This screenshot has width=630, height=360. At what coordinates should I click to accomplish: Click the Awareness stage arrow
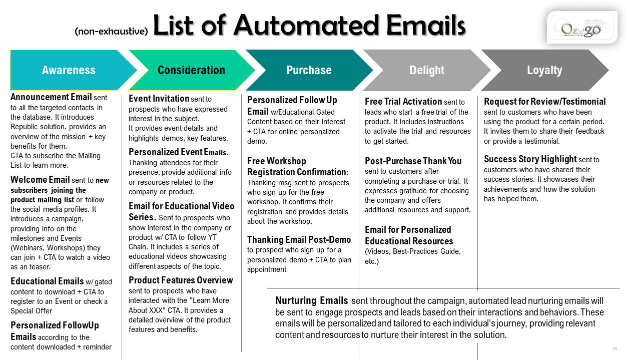click(x=69, y=70)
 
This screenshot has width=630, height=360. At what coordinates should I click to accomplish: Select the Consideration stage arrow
click(x=191, y=70)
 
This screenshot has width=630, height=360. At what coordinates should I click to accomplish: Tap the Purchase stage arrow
click(x=309, y=70)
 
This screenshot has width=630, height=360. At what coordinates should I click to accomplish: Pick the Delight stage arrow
click(x=427, y=70)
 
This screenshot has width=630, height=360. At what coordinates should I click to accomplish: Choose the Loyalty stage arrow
click(x=544, y=70)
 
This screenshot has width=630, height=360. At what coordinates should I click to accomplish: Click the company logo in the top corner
click(x=581, y=29)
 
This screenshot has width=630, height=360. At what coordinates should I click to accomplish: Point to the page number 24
click(x=614, y=348)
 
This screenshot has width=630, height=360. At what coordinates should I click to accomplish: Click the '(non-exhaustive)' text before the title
click(x=111, y=31)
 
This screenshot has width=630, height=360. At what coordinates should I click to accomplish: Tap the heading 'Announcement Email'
click(x=51, y=97)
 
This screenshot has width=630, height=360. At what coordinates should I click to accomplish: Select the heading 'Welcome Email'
click(x=40, y=180)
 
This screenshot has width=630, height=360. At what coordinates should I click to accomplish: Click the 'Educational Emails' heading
click(x=47, y=281)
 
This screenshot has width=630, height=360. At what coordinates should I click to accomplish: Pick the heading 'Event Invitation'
click(x=159, y=99)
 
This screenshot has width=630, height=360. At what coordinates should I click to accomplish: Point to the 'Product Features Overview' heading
click(x=181, y=280)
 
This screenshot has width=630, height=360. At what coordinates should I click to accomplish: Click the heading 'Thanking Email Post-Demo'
click(x=299, y=240)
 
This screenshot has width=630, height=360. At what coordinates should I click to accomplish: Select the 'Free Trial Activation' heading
click(x=403, y=102)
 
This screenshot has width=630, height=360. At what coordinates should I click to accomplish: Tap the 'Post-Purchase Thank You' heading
click(x=413, y=161)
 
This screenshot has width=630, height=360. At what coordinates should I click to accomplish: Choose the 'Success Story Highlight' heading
click(x=530, y=159)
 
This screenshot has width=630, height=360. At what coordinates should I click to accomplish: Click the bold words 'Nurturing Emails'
click(x=311, y=301)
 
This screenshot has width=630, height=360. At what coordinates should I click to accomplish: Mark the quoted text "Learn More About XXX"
click(x=179, y=305)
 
